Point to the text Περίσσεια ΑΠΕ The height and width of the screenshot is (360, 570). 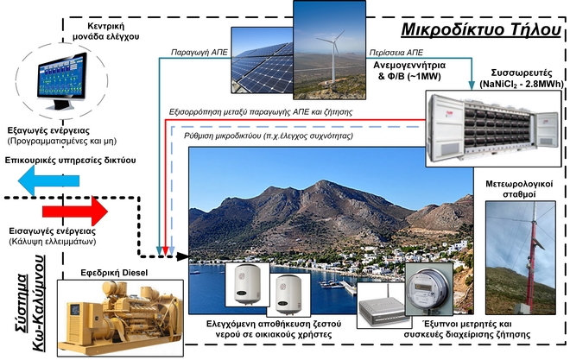coord(402,49)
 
